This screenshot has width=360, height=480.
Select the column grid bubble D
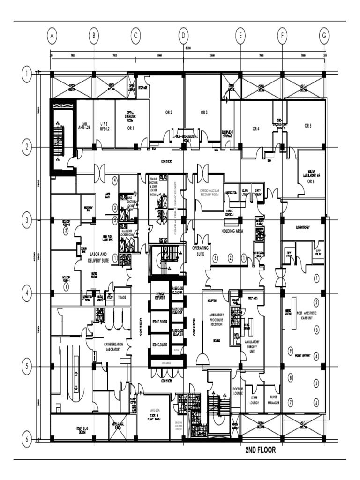[183, 35]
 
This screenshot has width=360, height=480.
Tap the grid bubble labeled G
[324, 35]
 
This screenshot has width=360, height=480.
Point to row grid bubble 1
[28, 74]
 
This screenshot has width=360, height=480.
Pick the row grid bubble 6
[28, 439]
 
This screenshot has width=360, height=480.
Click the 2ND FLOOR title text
[261, 450]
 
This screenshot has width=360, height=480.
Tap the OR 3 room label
[204, 112]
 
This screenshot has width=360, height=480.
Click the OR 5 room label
[307, 125]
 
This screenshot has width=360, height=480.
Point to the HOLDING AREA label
[234, 231]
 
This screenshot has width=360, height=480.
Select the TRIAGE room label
[122, 297]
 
